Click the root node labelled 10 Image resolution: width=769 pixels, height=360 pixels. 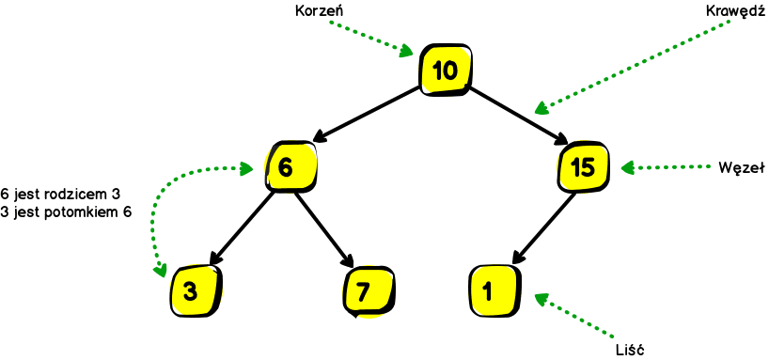447,69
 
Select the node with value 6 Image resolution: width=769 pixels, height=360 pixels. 288,167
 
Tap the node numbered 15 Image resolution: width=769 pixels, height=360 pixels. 583,167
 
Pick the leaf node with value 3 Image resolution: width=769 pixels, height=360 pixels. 195,290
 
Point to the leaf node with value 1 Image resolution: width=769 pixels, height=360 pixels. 491,290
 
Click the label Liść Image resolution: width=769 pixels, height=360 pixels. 627,350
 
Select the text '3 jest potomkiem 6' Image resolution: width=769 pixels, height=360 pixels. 67,211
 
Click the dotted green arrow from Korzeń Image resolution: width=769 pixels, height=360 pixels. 372,36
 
